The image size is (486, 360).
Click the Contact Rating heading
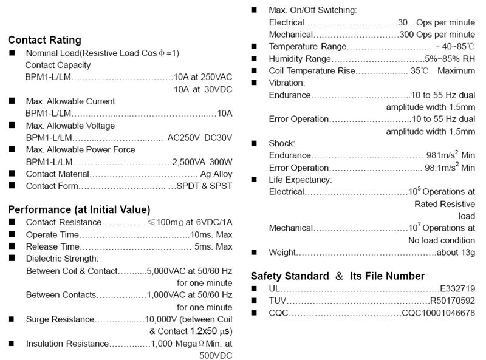44,40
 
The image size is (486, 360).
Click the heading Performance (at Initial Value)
79,210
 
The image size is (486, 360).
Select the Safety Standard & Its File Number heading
337,276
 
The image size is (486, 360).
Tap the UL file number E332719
457,288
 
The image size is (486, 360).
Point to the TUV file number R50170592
453,301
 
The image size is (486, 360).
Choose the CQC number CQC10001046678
439,313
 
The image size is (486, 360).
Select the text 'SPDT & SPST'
204,186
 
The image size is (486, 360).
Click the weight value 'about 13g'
456,252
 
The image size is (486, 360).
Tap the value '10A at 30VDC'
203,89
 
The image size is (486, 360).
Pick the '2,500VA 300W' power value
202,161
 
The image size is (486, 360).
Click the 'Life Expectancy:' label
300,180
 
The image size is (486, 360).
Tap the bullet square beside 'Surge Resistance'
12,319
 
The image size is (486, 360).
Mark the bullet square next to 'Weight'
255,252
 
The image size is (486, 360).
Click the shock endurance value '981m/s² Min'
451,155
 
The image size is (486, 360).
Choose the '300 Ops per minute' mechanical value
437,35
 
